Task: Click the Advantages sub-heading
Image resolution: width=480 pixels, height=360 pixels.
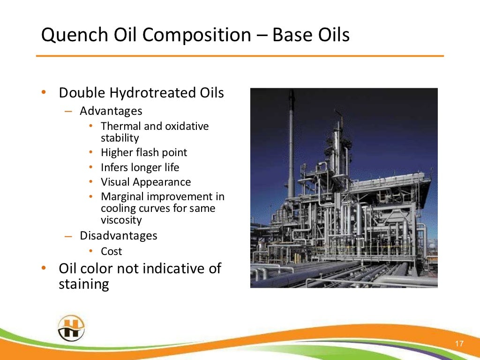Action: coord(111,111)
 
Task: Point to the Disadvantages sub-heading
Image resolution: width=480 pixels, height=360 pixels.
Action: coord(119,235)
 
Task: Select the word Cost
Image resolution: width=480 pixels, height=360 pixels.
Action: coord(112,251)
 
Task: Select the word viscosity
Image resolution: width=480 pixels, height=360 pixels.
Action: coord(121,220)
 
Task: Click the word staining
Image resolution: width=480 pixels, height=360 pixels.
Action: coord(84,284)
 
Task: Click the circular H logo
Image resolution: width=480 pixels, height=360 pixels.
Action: coord(71,328)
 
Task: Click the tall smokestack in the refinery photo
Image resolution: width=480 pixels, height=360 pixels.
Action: coord(292,141)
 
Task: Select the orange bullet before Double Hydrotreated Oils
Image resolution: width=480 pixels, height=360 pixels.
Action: coord(43,93)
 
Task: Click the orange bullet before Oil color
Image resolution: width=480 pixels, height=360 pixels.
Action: coord(43,269)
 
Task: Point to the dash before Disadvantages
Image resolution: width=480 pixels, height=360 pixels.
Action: coord(68,236)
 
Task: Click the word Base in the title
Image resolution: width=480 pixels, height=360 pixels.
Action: coord(292,36)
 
